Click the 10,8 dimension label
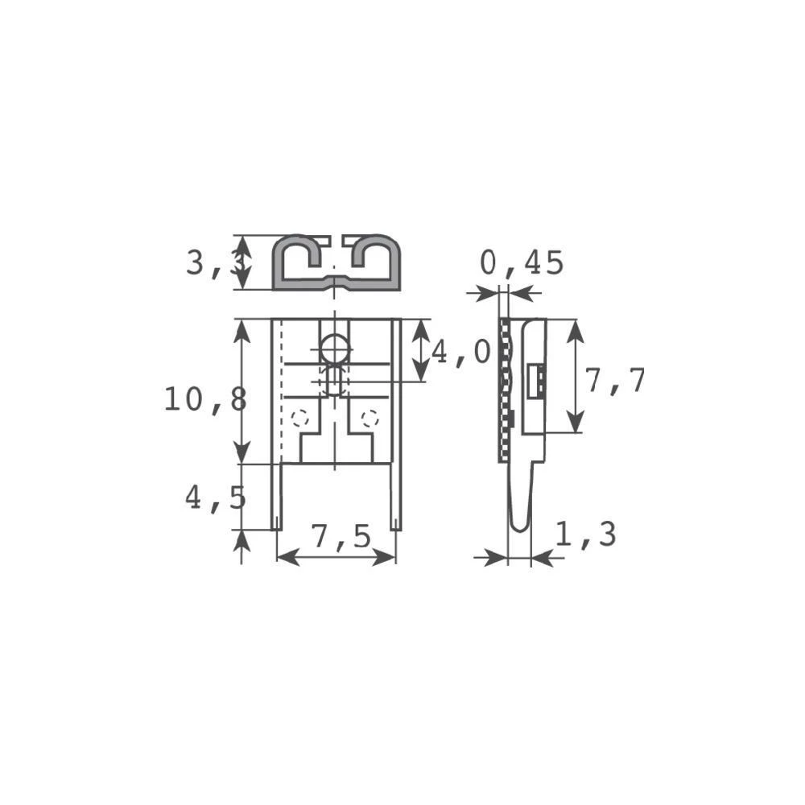[204, 399]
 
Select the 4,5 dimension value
[215, 497]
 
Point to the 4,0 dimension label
[460, 352]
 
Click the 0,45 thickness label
[522, 263]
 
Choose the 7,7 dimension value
[615, 381]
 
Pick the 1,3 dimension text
[585, 535]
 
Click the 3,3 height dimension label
[211, 263]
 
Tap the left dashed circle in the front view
[300, 418]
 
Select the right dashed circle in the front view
[369, 418]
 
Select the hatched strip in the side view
[504, 390]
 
